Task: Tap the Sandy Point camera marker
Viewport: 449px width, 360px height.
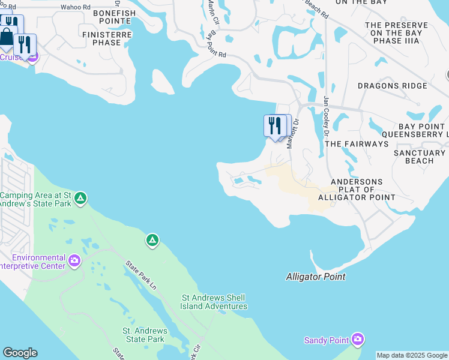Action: [358, 340]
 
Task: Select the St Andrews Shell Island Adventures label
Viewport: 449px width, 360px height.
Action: [214, 302]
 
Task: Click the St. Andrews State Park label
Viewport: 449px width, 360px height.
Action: [143, 335]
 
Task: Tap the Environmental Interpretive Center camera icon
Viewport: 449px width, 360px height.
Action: [74, 260]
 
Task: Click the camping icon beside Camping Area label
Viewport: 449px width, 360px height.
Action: [80, 197]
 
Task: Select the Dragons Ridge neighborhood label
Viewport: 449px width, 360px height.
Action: [393, 86]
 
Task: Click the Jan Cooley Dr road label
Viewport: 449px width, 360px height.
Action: [327, 114]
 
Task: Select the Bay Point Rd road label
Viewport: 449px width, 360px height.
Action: [215, 46]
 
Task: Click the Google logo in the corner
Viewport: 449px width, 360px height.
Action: [20, 353]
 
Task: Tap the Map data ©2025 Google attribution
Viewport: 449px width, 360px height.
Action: [412, 356]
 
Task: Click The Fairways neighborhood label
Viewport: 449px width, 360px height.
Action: [356, 144]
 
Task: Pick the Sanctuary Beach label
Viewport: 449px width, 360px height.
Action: [422, 157]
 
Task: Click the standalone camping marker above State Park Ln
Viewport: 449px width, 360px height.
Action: [152, 241]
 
